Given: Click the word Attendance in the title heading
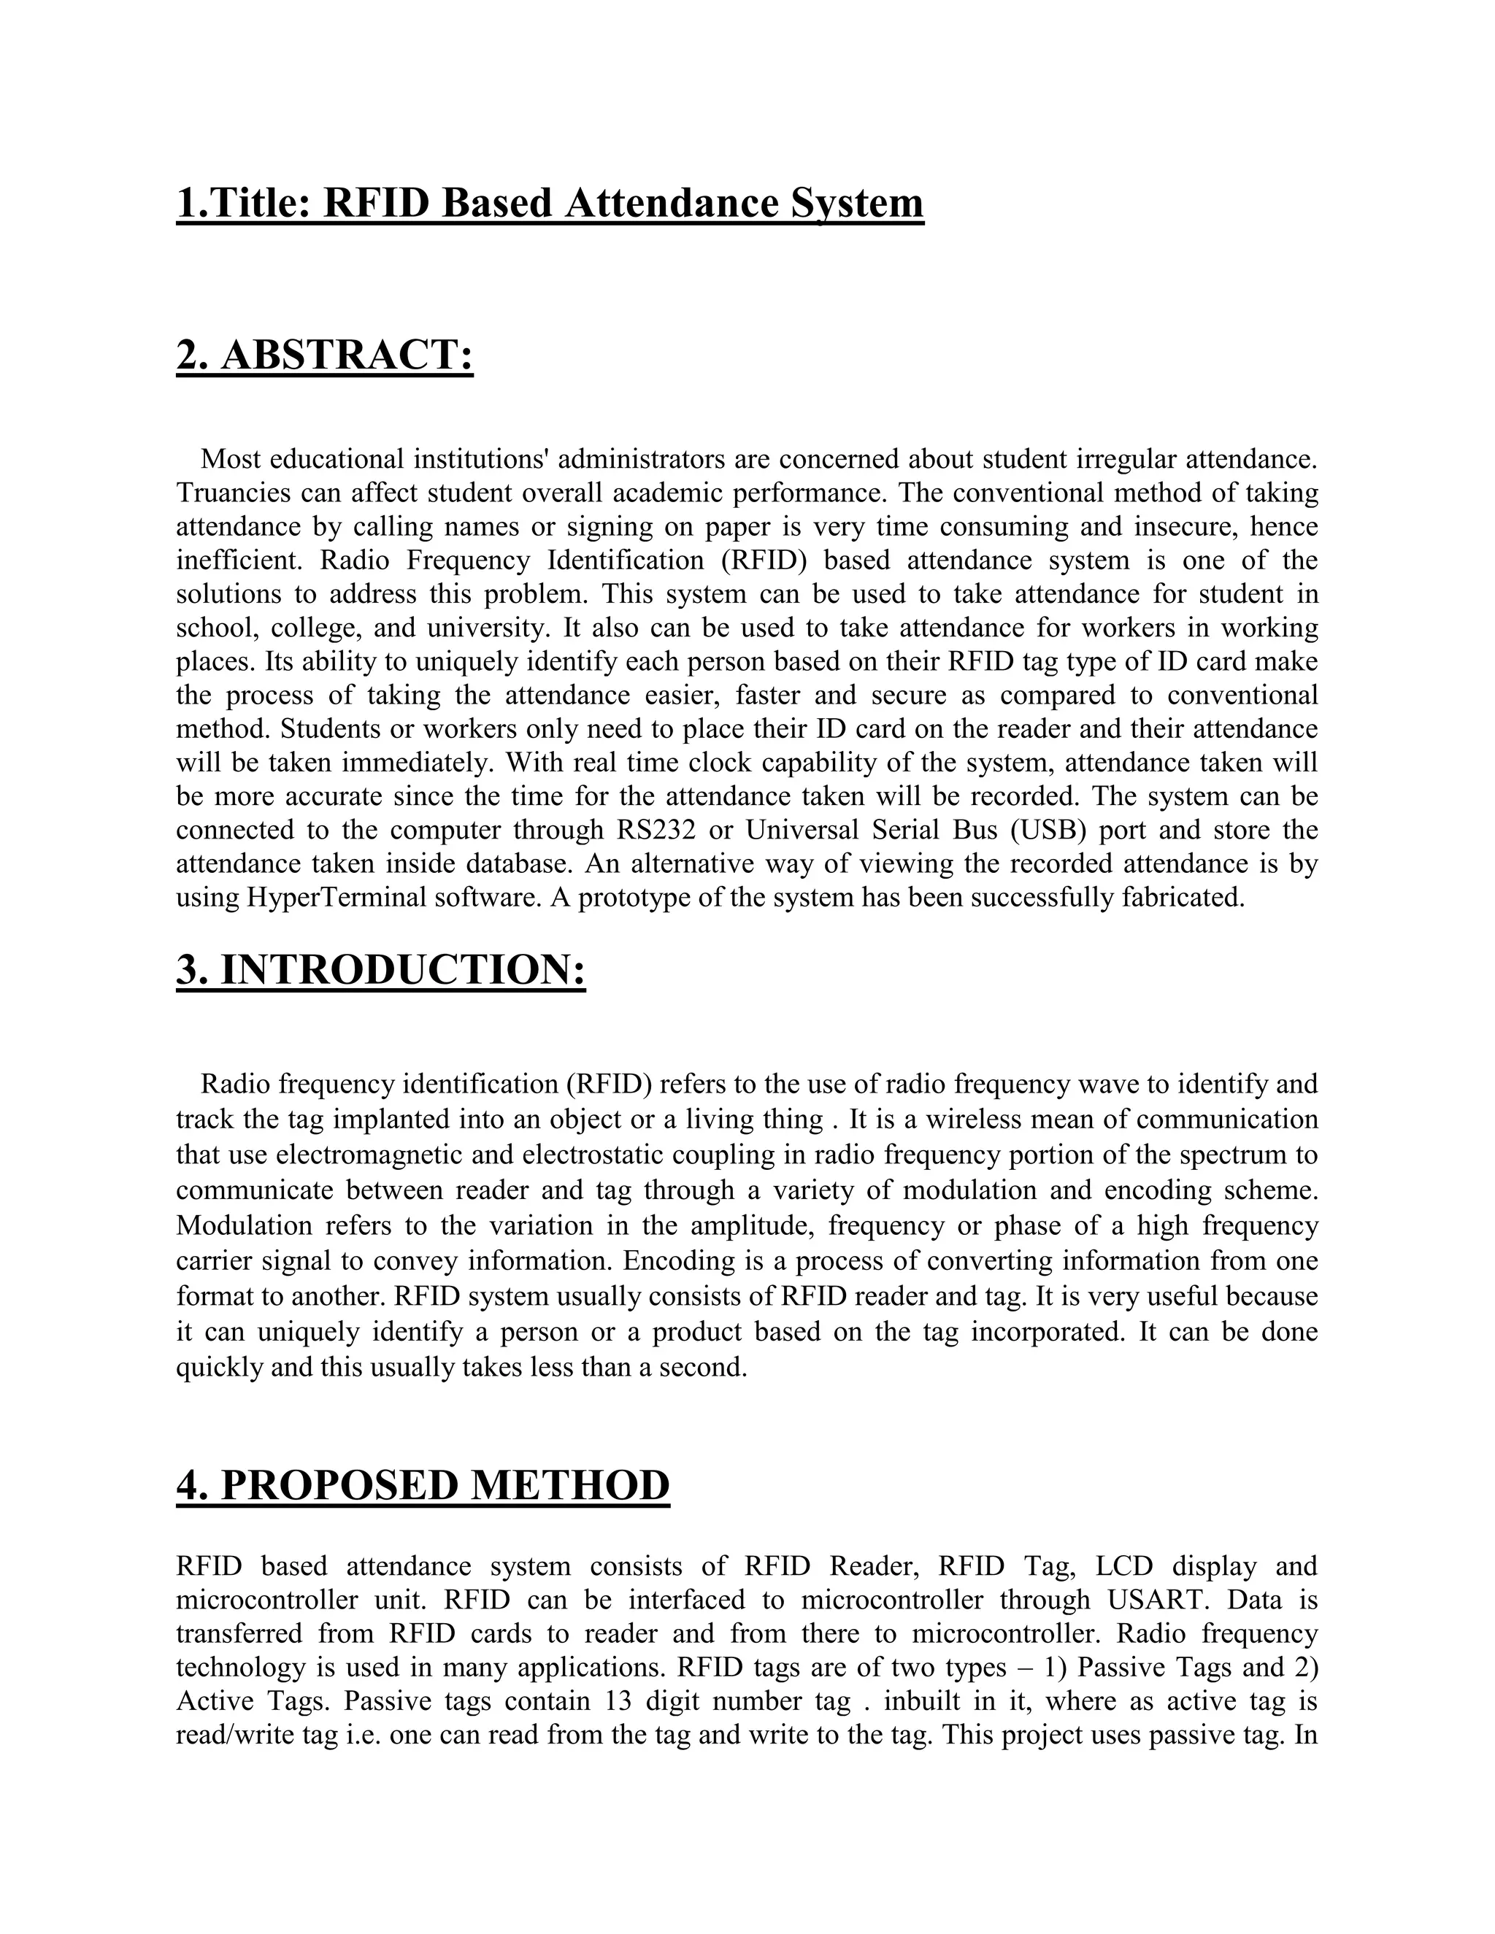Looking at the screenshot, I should (x=672, y=203).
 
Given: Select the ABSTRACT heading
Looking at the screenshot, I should (x=325, y=355).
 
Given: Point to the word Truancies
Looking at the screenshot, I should (x=232, y=493).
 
